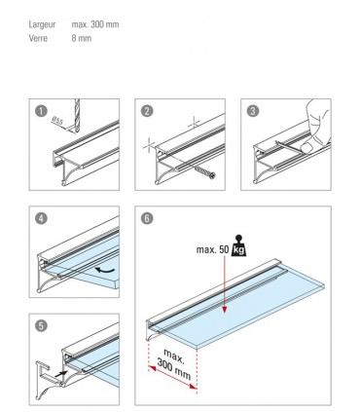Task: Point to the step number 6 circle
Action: [145, 219]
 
